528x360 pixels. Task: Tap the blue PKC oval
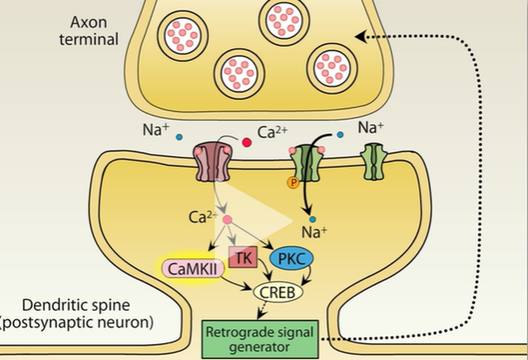(291, 258)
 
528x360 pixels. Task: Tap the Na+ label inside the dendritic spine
(314, 231)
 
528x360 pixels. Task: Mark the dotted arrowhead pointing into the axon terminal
(362, 36)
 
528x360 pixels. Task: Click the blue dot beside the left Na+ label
(180, 136)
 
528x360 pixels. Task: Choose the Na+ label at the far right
(371, 128)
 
